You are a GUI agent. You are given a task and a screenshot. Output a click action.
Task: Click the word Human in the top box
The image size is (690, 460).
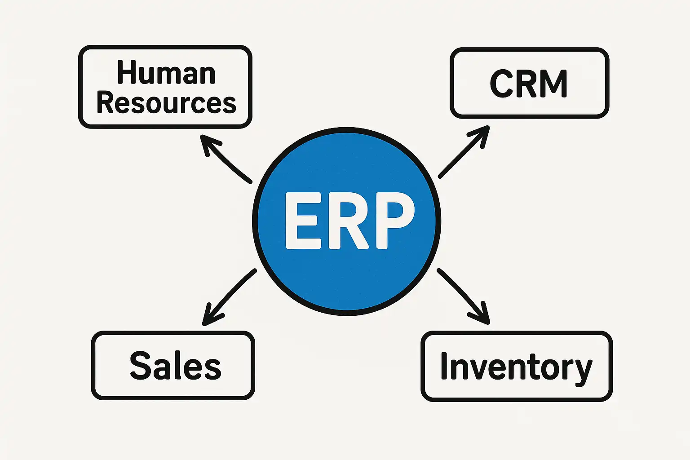166,73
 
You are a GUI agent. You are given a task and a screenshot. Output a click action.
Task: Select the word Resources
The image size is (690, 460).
166,103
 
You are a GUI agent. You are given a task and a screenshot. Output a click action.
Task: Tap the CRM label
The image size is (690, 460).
529,84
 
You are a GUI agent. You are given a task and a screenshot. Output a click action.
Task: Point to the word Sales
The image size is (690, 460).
175,366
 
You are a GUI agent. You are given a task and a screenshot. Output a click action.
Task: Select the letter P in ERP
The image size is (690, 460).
394,221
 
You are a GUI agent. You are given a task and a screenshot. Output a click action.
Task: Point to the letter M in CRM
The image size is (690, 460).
552,84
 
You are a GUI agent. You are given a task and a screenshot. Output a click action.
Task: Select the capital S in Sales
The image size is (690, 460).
140,365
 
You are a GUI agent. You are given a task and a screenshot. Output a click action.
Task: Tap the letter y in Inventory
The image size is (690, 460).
583,371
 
